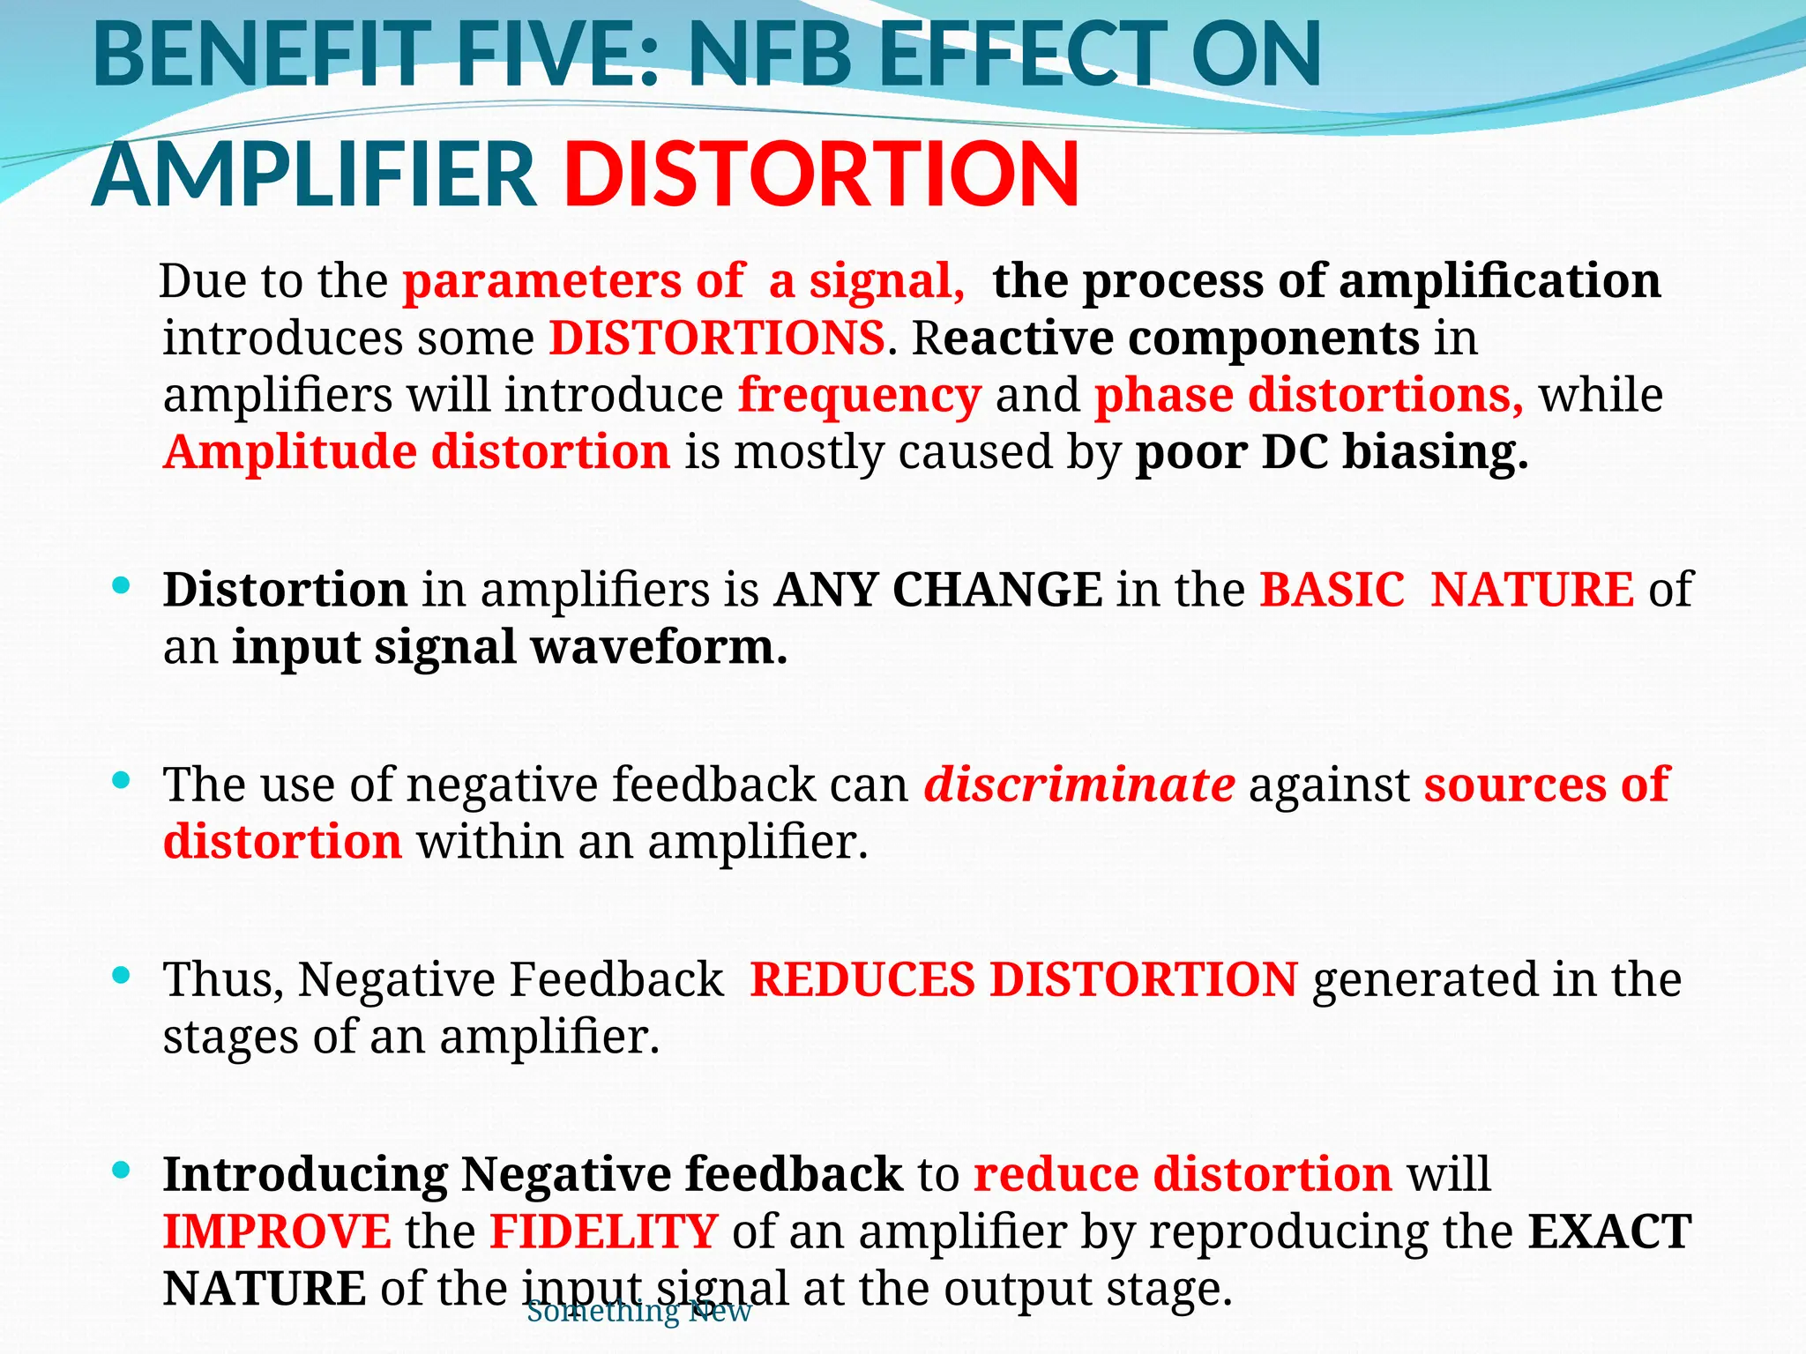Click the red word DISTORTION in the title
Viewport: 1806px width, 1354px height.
pyautogui.click(x=822, y=174)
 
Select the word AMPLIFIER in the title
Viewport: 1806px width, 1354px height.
pyautogui.click(x=314, y=174)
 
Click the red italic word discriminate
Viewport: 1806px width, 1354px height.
pyautogui.click(x=1079, y=784)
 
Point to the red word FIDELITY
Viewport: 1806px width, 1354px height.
pyautogui.click(x=604, y=1231)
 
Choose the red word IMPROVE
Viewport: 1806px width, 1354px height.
pyautogui.click(x=277, y=1231)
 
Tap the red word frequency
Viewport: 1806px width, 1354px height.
pyautogui.click(x=860, y=394)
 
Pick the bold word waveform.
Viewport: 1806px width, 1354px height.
pyautogui.click(x=659, y=647)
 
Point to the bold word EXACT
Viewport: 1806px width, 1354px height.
pyautogui.click(x=1609, y=1231)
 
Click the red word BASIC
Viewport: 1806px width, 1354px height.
pyautogui.click(x=1332, y=590)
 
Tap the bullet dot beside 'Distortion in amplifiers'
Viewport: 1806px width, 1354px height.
pyautogui.click(x=123, y=585)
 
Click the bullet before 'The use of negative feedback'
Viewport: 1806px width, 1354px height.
pyautogui.click(x=123, y=780)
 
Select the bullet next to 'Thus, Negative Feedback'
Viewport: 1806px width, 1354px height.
pyautogui.click(x=123, y=975)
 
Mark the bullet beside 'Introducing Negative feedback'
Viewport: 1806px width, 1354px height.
pyautogui.click(x=123, y=1170)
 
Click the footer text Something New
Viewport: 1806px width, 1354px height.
pyautogui.click(x=638, y=1312)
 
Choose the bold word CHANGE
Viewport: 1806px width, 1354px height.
pyautogui.click(x=997, y=590)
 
